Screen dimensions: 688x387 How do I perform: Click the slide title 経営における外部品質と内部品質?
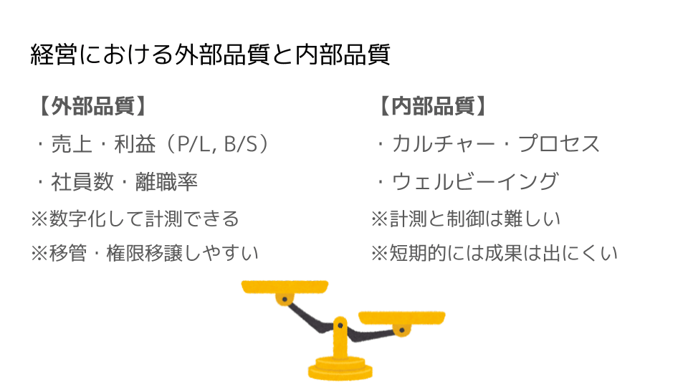210,55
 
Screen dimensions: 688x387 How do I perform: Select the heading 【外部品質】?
91,106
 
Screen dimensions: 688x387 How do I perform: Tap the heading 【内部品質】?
431,106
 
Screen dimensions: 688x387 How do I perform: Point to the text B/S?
241,144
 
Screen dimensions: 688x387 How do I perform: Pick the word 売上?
72,144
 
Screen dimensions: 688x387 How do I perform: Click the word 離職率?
167,181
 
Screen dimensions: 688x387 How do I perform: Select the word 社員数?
82,181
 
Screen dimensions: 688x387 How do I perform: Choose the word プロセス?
559,144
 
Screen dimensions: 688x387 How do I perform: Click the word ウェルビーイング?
475,181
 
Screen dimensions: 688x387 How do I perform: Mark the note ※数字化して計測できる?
135,219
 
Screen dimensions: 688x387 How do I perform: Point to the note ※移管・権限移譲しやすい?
145,253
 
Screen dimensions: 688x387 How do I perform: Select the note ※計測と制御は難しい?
466,219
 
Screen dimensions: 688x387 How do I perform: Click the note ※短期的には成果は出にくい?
494,253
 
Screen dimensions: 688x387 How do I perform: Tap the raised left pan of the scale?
285,287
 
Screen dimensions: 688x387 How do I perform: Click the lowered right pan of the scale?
402,317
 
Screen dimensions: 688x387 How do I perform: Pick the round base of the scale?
340,369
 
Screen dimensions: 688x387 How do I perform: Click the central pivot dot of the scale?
340,325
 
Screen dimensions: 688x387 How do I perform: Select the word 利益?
135,144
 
